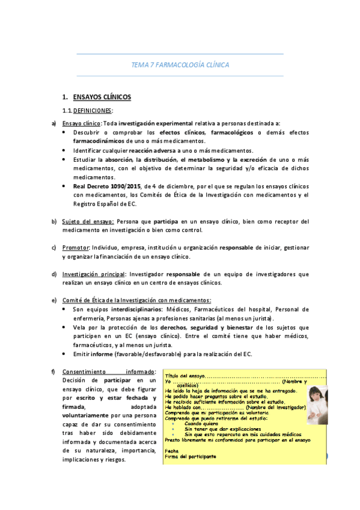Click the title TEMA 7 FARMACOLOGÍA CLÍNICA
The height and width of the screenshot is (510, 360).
180,65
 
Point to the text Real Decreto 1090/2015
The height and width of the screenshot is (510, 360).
105,186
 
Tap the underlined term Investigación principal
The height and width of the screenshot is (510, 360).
93,274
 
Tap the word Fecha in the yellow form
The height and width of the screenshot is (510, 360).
172,450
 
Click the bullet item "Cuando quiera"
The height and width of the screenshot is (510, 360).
201,424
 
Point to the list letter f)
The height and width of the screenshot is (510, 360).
55,371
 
